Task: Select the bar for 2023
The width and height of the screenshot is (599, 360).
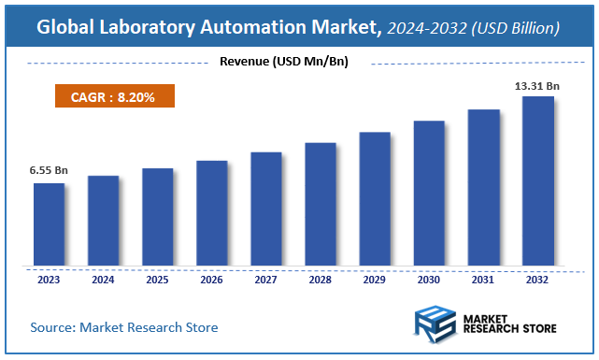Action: pos(49,224)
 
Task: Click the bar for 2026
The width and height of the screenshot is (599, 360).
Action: pos(211,213)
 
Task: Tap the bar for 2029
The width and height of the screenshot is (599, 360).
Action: pos(375,199)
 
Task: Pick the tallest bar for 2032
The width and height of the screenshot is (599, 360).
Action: pos(537,181)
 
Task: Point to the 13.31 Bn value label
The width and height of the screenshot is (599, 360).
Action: pos(537,86)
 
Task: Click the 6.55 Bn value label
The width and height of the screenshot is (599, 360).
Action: pos(49,170)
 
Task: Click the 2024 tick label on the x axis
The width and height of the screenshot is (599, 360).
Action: pos(103,279)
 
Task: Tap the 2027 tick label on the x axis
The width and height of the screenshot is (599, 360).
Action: pos(266,279)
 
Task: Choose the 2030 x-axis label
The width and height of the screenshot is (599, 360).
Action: pos(429,279)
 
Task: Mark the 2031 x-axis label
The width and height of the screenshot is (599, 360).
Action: pos(483,279)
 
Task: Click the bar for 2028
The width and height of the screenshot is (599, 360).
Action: pos(321,205)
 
